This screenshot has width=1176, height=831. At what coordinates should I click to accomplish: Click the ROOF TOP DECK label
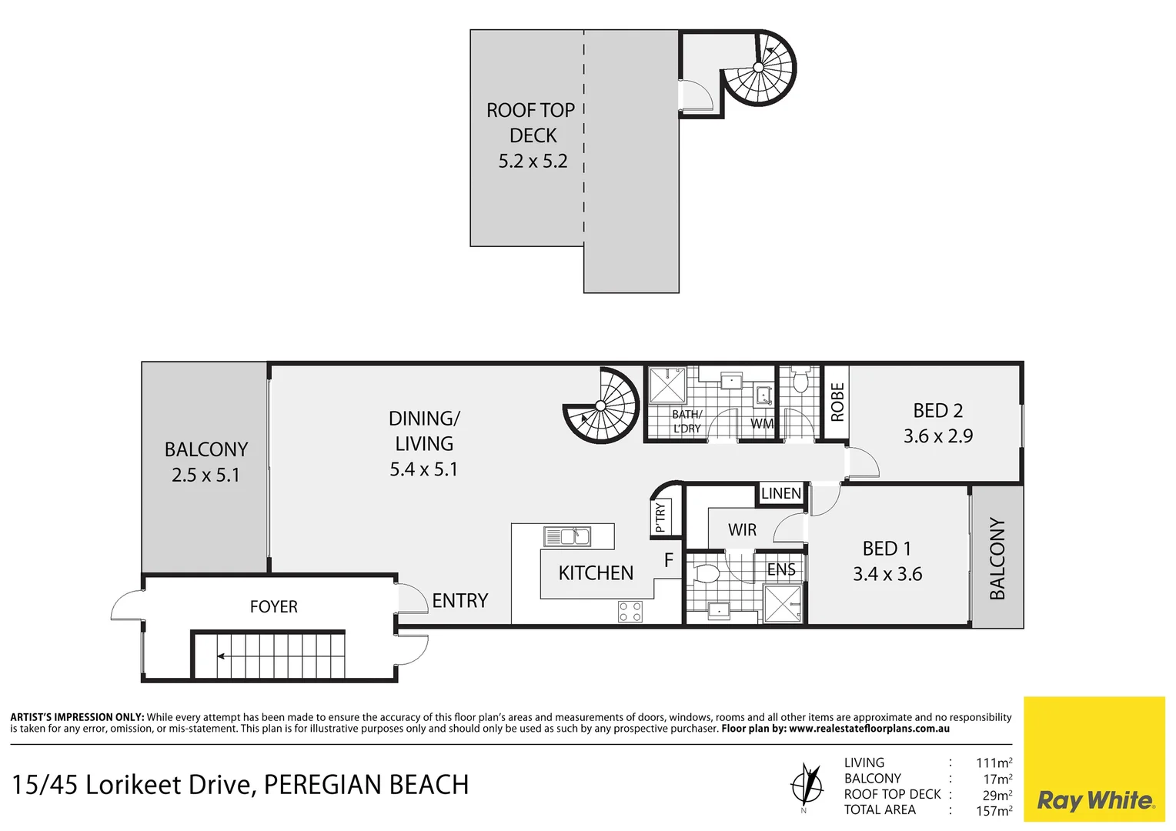tap(532, 123)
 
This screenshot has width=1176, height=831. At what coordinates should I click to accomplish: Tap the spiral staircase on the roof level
tap(758, 68)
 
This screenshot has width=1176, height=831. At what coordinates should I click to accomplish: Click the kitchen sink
tap(567, 536)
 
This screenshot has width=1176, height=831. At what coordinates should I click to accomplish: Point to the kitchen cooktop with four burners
tap(630, 612)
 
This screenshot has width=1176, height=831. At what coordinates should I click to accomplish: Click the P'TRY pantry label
tap(660, 517)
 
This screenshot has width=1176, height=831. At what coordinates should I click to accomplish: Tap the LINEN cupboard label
tap(780, 493)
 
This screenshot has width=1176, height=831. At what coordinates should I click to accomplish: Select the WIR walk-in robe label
tap(742, 530)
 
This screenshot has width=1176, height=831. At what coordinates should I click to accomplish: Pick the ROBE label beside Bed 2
tap(837, 402)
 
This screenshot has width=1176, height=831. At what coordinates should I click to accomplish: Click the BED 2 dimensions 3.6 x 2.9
tap(937, 436)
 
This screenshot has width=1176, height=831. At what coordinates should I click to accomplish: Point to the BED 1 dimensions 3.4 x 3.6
tap(887, 574)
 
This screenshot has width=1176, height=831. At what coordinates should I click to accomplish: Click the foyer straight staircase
tap(269, 656)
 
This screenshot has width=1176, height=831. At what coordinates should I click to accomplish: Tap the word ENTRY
tap(459, 601)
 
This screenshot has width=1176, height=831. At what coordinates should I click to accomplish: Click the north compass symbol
tap(806, 785)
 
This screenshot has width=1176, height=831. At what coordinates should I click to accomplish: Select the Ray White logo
tap(1094, 800)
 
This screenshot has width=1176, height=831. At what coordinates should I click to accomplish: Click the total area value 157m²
tap(993, 811)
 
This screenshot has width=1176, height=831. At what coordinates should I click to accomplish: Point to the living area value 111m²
tap(993, 763)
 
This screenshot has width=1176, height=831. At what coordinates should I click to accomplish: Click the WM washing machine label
tap(761, 424)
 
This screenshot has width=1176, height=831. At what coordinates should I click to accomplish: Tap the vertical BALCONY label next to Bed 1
tap(997, 559)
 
